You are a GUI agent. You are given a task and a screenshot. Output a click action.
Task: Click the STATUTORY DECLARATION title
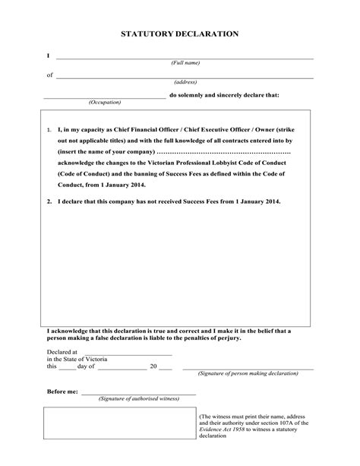(180, 34)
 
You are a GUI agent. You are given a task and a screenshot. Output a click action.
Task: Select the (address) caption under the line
(185, 82)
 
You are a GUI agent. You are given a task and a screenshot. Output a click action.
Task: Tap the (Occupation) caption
(105, 101)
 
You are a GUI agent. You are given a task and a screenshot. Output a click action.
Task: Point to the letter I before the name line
(48, 56)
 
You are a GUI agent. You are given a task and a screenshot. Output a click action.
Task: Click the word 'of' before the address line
(50, 75)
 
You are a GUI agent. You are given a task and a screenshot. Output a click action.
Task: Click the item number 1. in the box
(49, 130)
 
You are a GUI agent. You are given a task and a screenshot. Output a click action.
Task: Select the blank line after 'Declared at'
(125, 353)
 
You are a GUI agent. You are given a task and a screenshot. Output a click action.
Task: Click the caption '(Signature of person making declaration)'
(248, 374)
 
